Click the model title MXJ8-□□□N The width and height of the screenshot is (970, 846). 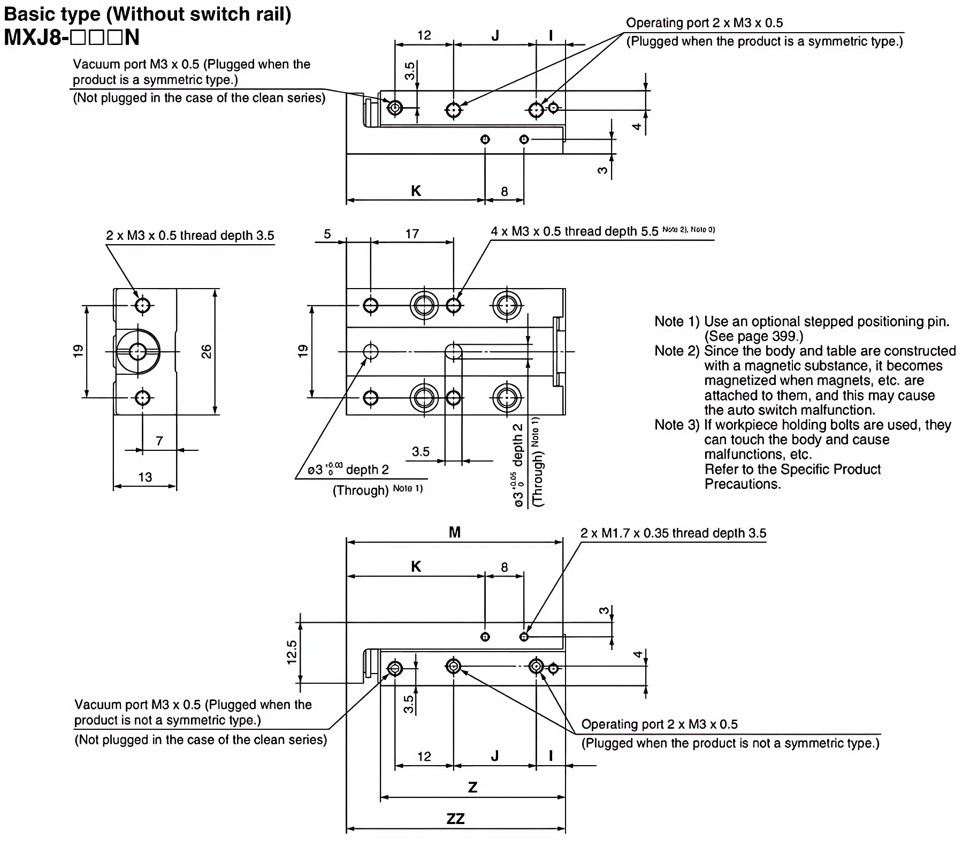(72, 37)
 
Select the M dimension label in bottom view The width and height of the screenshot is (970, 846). (454, 532)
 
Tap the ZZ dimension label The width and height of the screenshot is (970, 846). (455, 819)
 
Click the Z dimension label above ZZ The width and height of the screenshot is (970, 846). (472, 788)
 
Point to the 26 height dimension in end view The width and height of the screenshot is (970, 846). (207, 352)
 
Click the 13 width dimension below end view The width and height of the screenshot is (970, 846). (145, 477)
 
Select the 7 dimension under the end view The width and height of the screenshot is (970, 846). (159, 441)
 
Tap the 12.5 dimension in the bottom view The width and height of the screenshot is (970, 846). (292, 652)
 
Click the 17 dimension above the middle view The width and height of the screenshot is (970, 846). (412, 234)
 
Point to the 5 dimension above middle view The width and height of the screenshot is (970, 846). (327, 234)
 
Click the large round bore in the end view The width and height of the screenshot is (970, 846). (138, 352)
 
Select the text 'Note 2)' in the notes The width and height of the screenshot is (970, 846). (677, 351)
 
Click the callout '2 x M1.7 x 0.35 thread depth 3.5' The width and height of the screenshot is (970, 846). (673, 533)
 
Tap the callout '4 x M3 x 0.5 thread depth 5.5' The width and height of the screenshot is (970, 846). (574, 231)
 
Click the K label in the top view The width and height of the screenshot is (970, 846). (416, 191)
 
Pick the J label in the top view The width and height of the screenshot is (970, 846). (495, 36)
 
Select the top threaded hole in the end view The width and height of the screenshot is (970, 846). (142, 306)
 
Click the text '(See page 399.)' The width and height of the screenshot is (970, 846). (753, 336)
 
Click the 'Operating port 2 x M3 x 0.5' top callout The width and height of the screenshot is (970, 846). (704, 23)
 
